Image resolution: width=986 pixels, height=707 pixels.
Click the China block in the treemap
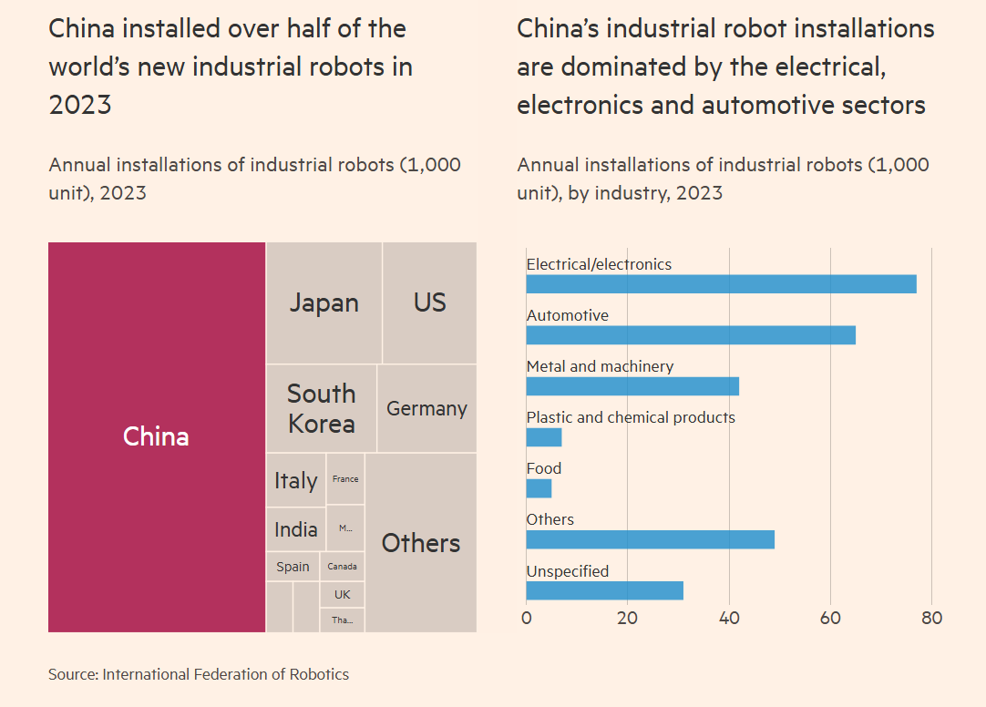156,436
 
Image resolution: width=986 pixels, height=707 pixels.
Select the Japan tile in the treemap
324,302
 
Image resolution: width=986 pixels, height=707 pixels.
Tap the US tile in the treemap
429,302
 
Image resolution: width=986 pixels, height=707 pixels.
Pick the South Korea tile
321,408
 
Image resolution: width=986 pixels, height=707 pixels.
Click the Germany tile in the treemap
426,408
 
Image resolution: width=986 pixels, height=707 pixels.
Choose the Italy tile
296,480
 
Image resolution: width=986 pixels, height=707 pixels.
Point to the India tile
296,529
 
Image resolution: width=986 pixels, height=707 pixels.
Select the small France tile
345,479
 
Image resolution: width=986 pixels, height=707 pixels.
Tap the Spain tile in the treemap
293,567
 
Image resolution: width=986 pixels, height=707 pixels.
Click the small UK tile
342,594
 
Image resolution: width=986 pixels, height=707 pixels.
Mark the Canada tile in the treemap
342,567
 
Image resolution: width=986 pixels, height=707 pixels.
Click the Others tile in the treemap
420,543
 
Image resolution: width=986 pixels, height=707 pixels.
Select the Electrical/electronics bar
721,284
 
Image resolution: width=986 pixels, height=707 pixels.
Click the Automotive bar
691,335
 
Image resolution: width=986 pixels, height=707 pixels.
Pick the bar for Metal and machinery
632,386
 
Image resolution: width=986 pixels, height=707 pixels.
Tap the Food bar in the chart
539,488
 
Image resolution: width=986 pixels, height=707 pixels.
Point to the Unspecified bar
604,590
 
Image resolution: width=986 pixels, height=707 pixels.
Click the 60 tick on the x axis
830,618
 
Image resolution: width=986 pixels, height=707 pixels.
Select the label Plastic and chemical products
631,417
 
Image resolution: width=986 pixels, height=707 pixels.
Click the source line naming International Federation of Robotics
199,674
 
